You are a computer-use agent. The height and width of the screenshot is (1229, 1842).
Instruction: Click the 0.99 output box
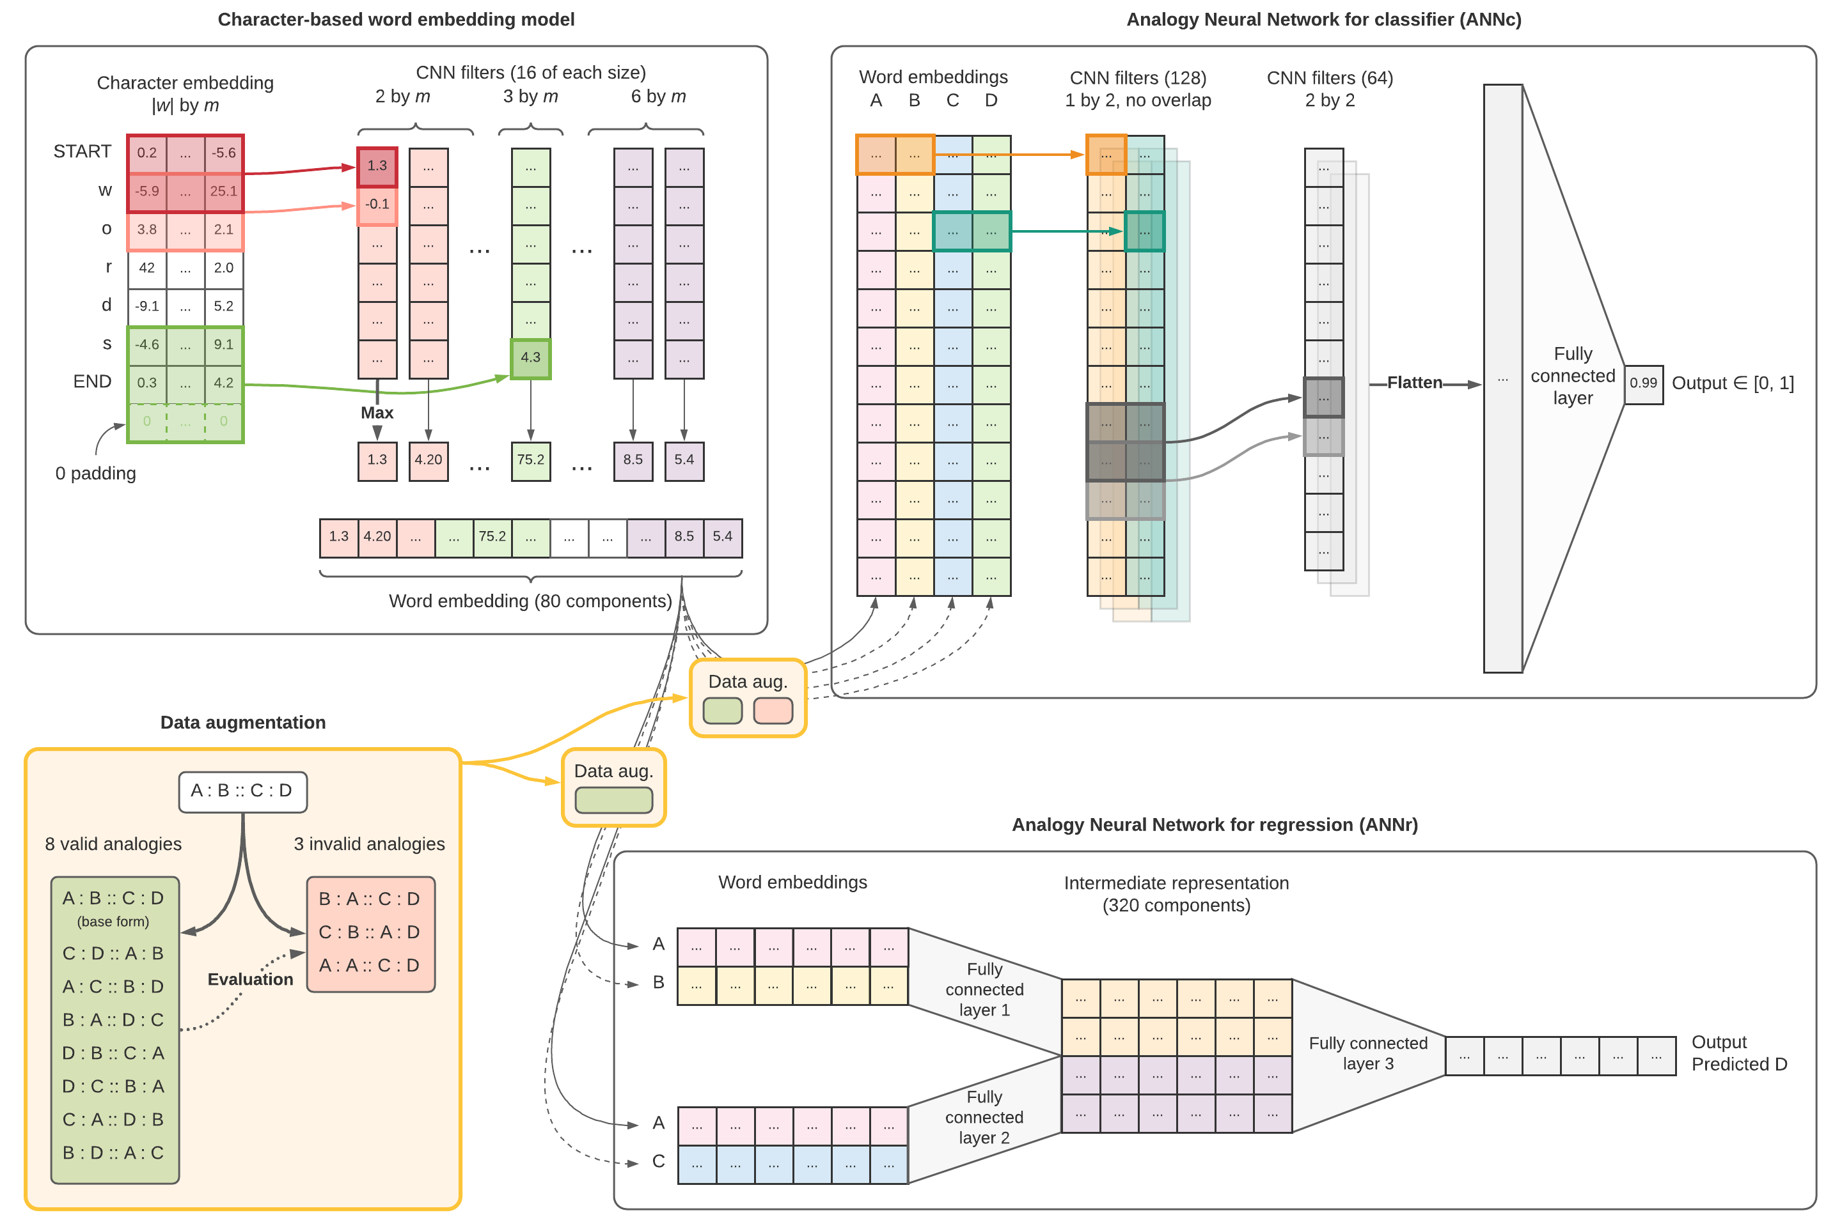coord(1643,383)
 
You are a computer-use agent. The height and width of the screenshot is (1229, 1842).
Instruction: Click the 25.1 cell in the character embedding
coord(223,190)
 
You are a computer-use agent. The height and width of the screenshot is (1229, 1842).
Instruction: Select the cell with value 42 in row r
coord(146,267)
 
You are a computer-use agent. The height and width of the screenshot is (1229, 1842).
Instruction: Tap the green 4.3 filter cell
coord(530,357)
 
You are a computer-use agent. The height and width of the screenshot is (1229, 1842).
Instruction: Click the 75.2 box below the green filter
coord(530,460)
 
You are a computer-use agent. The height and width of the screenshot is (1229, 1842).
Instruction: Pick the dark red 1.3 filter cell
coord(377,166)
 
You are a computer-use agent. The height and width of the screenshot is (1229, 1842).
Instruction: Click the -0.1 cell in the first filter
coord(377,204)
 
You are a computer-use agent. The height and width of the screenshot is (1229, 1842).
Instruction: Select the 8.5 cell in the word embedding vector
coord(684,536)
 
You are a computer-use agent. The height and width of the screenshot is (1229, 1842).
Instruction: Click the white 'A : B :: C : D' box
coord(242,791)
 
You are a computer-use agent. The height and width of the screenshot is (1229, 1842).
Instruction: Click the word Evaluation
coord(250,979)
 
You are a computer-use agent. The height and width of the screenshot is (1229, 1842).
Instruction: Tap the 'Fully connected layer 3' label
coord(1367,1053)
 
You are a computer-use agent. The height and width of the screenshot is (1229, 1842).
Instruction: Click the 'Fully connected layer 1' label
coord(984,989)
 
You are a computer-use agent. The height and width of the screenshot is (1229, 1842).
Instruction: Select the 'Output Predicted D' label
coord(1738,1053)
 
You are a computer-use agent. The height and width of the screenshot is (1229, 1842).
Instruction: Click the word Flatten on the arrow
coord(1414,382)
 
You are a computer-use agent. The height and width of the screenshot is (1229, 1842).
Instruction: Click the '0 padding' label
coord(96,474)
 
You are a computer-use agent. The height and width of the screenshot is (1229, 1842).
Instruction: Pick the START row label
coord(83,151)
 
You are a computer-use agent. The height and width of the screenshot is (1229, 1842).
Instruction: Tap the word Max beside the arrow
coord(377,412)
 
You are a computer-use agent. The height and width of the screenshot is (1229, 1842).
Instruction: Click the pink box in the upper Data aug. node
coord(773,711)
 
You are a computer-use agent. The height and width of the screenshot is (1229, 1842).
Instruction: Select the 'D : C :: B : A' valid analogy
coord(114,1086)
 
